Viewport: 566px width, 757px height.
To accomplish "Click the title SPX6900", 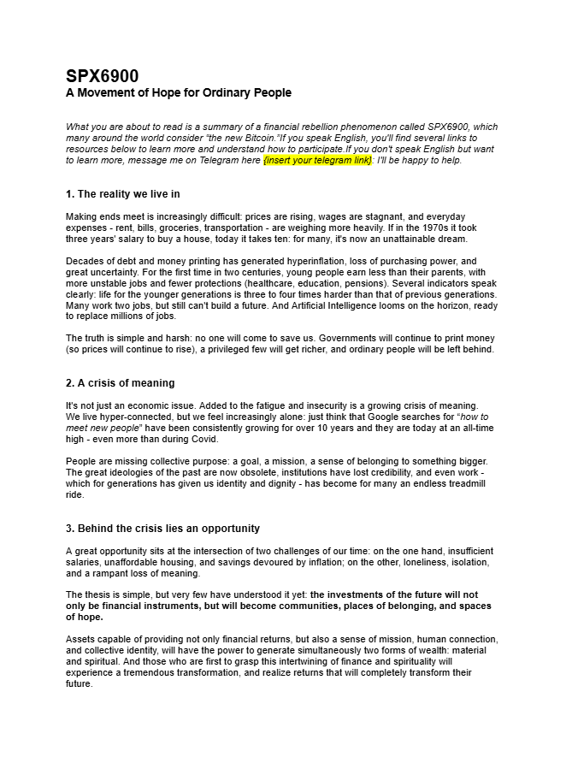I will point(103,76).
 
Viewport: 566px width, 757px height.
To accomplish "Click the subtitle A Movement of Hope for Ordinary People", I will point(179,92).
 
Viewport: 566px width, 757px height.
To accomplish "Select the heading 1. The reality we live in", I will point(122,194).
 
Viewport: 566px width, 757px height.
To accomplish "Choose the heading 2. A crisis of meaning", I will point(120,383).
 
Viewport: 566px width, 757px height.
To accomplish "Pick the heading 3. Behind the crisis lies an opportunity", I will point(162,529).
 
